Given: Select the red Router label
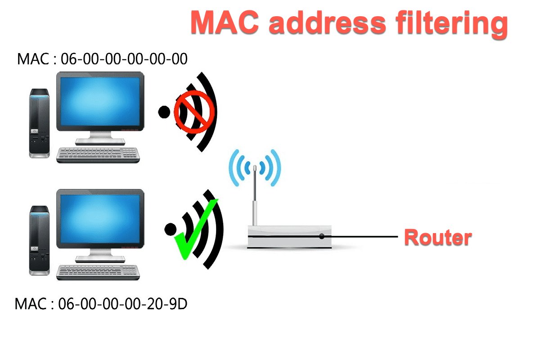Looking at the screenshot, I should (438, 237).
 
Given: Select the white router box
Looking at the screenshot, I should (288, 237).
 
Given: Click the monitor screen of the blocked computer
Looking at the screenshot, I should (100, 102).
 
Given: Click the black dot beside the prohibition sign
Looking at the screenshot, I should (164, 112).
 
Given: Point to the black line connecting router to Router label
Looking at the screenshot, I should (364, 236).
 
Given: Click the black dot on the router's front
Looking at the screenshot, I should (321, 236).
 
